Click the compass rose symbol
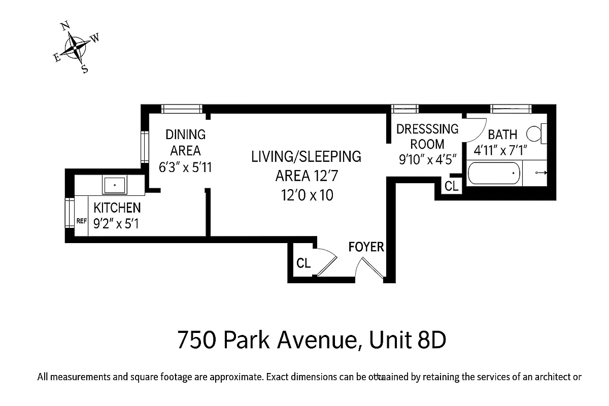point(76,47)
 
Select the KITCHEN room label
point(117,208)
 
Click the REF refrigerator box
point(81,221)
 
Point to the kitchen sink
point(115,185)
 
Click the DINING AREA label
point(185,143)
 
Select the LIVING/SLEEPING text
point(306,156)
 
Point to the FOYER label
point(366,247)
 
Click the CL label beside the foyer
point(303,263)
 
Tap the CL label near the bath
point(451,186)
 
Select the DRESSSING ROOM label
point(427,137)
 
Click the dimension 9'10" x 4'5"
point(429,159)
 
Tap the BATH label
point(502,134)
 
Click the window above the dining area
point(182,109)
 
